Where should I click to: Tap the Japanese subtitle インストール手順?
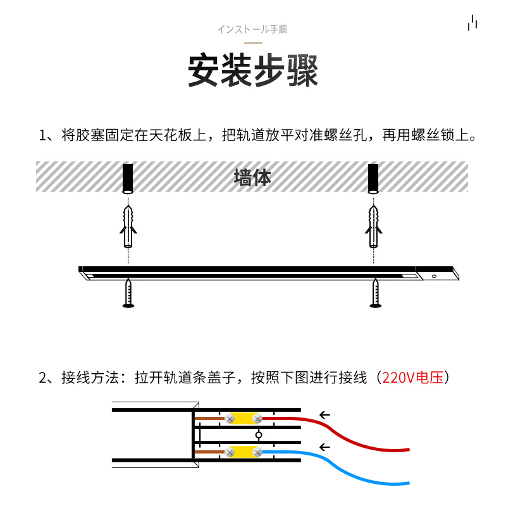coord(252,30)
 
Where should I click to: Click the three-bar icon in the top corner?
coord(472,23)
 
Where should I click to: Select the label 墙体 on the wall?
coord(252,177)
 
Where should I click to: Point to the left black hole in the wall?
coord(128,178)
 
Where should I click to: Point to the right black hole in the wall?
coord(374,178)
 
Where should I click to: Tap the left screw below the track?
coord(128,294)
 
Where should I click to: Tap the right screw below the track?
coord(375,294)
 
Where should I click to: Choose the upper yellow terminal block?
coord(244,419)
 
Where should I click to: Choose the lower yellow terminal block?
coord(244,452)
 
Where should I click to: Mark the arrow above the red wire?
coord(325,415)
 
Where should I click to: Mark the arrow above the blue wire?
coord(325,447)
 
